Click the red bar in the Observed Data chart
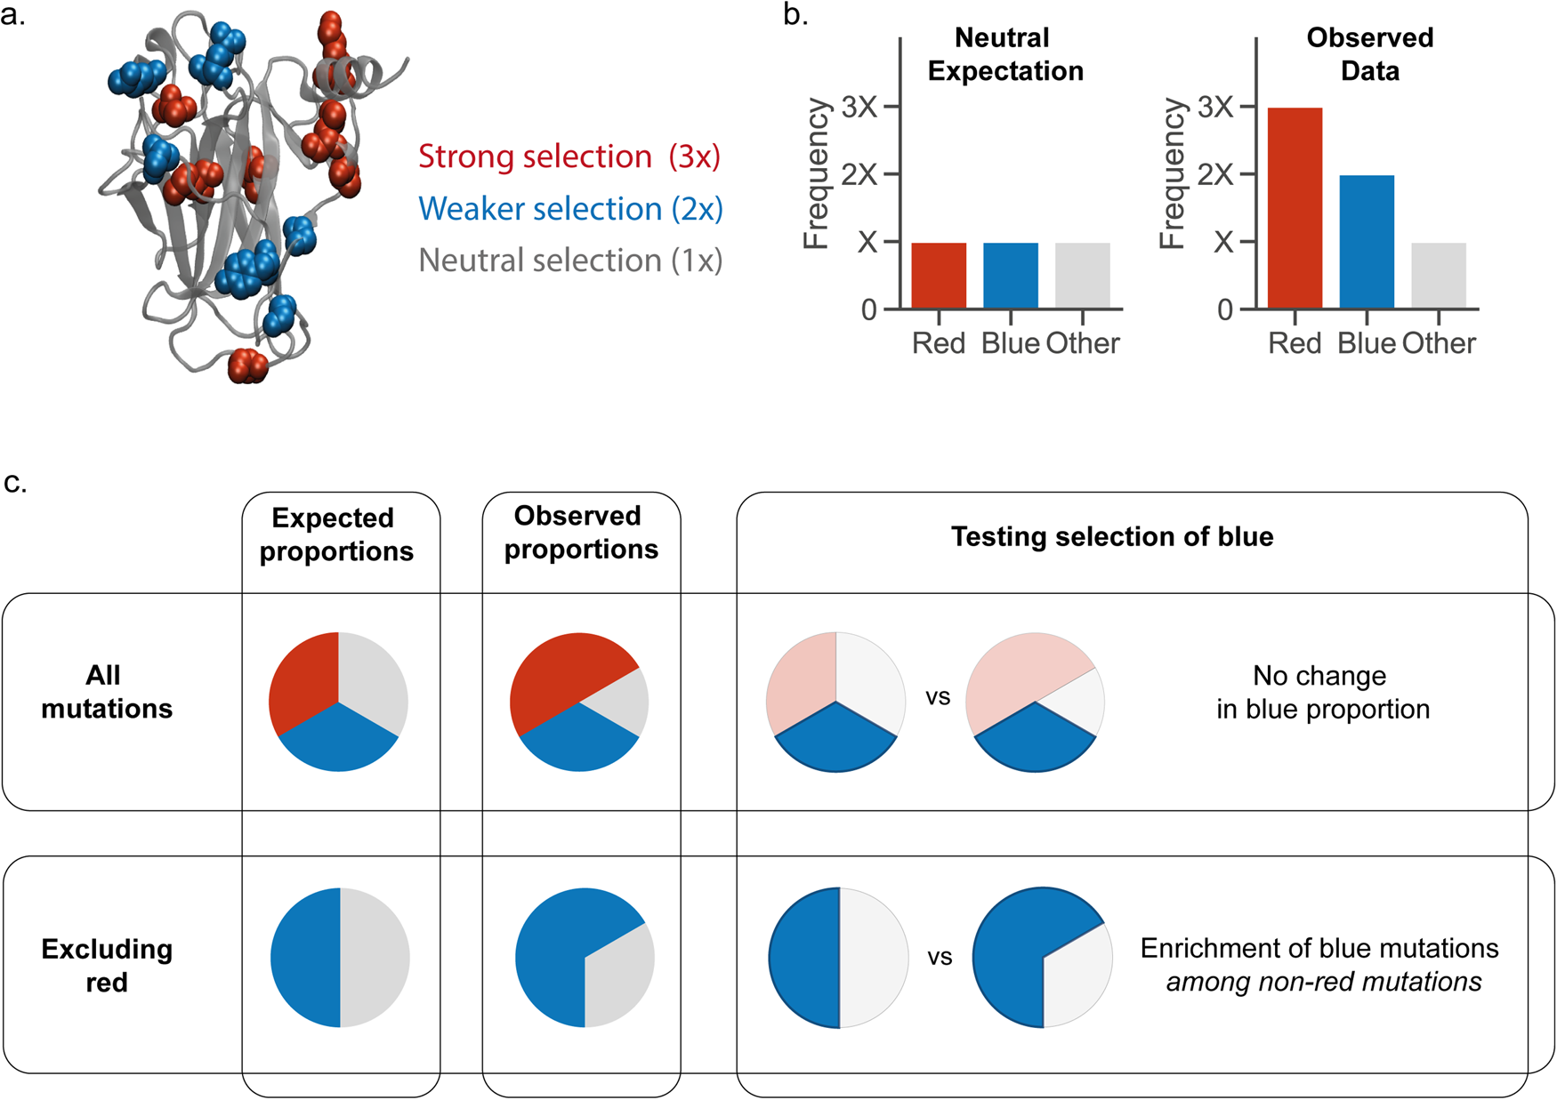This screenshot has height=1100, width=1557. (x=1295, y=208)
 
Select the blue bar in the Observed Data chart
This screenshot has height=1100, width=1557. (x=1367, y=242)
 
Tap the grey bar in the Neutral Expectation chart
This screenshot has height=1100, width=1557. (x=1082, y=276)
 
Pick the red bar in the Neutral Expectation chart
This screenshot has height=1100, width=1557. (x=939, y=276)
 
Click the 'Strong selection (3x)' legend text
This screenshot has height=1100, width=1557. (x=569, y=157)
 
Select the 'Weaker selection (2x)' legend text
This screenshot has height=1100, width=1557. (x=570, y=209)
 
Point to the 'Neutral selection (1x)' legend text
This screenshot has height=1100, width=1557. (x=570, y=261)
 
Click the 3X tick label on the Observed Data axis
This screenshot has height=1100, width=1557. (x=1215, y=108)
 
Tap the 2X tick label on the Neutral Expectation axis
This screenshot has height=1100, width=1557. (x=859, y=174)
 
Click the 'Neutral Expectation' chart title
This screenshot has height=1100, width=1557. (x=1004, y=54)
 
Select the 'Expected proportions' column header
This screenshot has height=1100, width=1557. (x=336, y=534)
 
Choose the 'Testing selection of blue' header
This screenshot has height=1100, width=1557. (x=1111, y=537)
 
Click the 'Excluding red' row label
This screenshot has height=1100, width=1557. (x=107, y=965)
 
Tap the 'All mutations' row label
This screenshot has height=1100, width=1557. (x=106, y=692)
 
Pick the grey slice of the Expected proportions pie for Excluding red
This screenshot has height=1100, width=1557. (x=374, y=958)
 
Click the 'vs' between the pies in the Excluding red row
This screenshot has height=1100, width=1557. (x=940, y=958)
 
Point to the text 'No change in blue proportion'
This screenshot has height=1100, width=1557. (x=1322, y=692)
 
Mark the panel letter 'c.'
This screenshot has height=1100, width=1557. (x=16, y=483)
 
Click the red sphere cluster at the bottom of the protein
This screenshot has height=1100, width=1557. (x=247, y=365)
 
